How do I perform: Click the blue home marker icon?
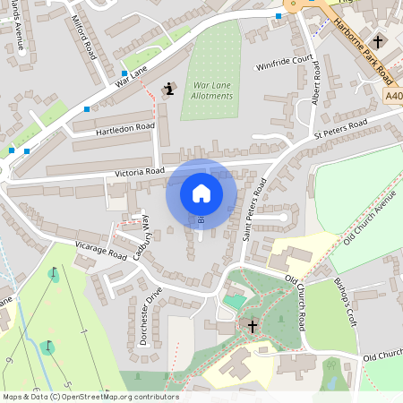201,193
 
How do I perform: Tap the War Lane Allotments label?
212,90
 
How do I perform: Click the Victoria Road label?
140,170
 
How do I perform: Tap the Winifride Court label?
287,61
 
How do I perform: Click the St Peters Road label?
340,128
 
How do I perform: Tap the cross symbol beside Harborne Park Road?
378,41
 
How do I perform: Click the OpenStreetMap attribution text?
90,397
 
